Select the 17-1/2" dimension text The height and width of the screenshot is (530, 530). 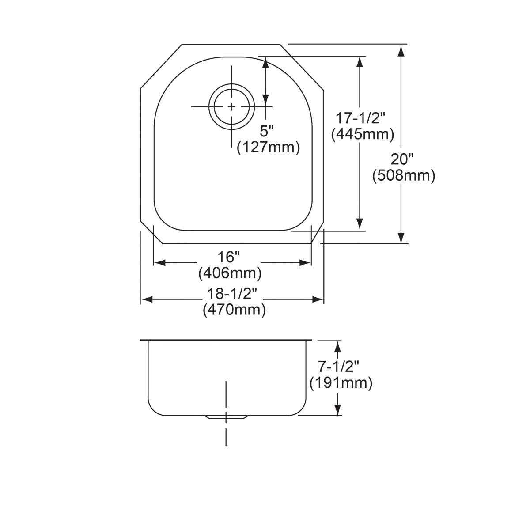tap(361, 118)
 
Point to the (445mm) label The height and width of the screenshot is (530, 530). tap(363, 134)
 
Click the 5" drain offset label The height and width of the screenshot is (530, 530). tap(267, 131)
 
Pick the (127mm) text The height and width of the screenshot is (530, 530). tap(269, 147)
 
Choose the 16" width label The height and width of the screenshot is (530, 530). tap(230, 256)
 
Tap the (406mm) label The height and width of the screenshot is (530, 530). tap(230, 273)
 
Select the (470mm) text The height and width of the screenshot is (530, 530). tap(234, 310)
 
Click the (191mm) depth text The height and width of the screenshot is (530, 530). tap(341, 382)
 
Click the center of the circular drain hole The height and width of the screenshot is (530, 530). tap(231, 107)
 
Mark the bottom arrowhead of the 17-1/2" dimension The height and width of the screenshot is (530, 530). tap(360, 224)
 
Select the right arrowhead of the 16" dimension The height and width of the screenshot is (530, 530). tap(306, 263)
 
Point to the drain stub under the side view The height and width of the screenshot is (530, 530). tap(226, 418)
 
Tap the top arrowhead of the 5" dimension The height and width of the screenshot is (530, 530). tap(265, 62)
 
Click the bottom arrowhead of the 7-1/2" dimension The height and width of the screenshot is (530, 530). tap(338, 409)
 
